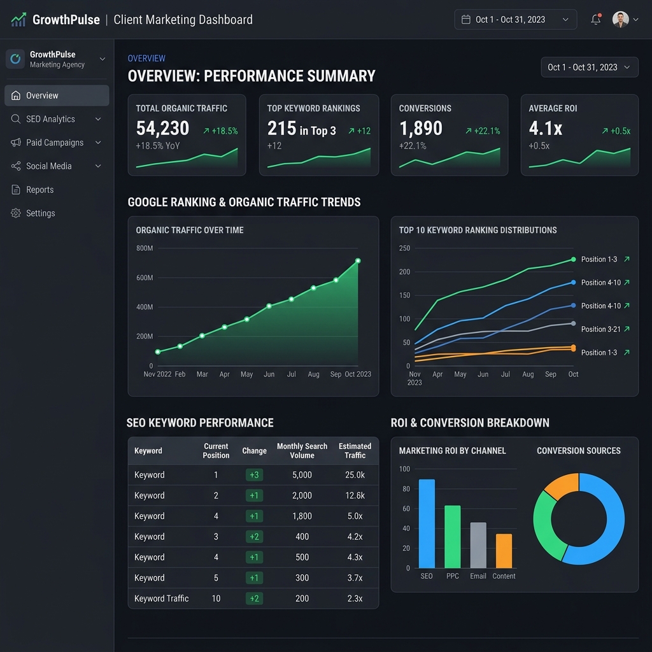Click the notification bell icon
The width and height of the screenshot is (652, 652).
(595, 19)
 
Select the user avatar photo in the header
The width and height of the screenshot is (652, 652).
(620, 20)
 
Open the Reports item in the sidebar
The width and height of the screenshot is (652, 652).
(39, 190)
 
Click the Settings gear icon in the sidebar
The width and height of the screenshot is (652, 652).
(16, 213)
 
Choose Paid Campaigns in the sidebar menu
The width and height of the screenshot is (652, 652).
(55, 143)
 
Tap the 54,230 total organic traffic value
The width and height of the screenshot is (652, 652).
(162, 129)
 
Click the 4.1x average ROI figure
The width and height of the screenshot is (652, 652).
(546, 129)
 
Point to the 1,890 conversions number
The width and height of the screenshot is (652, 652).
(420, 129)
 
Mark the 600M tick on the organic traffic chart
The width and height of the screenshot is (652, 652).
(145, 278)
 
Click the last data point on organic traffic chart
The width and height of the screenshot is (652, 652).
(358, 260)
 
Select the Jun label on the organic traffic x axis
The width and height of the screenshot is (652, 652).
(269, 374)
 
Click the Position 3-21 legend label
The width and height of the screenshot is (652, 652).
(600, 329)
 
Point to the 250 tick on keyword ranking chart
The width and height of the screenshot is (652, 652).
(404, 248)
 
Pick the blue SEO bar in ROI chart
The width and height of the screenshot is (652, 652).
(427, 523)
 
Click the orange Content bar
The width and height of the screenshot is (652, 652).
(504, 551)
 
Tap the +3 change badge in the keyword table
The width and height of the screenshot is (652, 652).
(254, 475)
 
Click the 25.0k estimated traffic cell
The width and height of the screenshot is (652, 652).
(355, 475)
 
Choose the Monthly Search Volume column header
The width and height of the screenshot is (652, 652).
(302, 451)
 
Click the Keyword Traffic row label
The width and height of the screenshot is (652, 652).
(161, 599)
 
